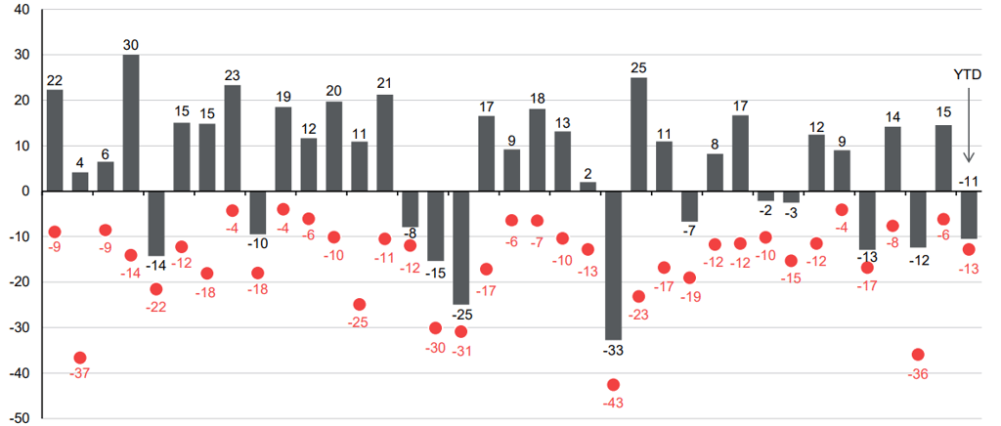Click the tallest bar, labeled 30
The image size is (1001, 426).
coord(131,123)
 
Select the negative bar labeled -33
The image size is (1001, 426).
coord(614,265)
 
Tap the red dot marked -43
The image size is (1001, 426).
coord(614,385)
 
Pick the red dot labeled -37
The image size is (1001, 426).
coord(80,358)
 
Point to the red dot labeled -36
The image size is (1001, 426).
coord(918,355)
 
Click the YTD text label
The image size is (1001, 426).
coord(969,74)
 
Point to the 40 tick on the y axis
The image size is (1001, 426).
coord(20,10)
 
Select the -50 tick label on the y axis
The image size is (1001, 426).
coord(18,418)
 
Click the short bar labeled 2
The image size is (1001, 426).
coord(588,187)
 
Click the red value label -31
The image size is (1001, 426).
coord(460,351)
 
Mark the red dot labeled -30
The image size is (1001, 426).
coord(436,327)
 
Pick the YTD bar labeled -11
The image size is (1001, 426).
coord(969,215)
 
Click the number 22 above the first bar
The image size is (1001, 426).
coord(55,80)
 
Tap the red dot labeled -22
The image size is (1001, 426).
coord(156,288)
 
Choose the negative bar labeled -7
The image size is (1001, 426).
coord(690,206)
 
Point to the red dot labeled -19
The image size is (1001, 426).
coord(690,277)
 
